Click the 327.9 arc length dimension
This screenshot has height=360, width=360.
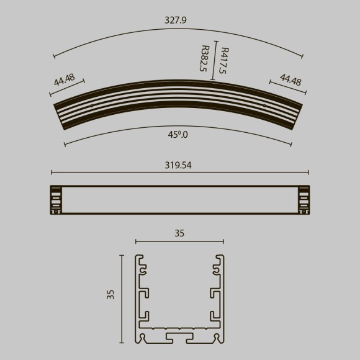176,20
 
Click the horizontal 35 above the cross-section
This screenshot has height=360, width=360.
179,233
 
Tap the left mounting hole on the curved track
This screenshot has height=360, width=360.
92,106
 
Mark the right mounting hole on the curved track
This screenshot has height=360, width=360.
264,106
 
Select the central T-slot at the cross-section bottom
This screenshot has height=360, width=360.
179,336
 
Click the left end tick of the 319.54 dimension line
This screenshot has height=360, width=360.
51,173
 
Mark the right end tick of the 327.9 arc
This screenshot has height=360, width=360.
302,57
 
